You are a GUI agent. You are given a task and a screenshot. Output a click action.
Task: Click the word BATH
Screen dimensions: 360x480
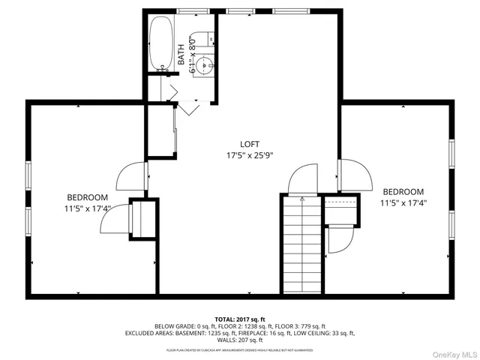coord(181,54)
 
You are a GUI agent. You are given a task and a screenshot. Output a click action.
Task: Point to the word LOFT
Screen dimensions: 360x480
coord(250,144)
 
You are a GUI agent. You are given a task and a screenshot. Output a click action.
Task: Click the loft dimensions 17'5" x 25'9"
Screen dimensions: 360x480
coord(250,156)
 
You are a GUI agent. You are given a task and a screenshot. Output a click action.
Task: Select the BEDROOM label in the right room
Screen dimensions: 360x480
coord(403,191)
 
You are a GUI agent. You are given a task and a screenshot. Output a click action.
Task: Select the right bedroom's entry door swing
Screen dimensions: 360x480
coord(355,175)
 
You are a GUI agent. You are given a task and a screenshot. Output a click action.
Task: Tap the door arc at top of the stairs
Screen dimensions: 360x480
coord(304,178)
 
